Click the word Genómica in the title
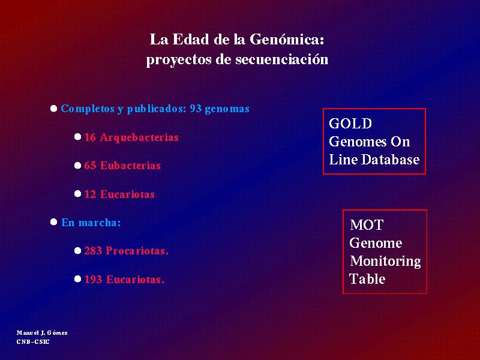287,40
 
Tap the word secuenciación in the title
282,59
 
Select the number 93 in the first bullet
196,109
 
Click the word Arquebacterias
139,137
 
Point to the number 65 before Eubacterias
90,166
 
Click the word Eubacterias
130,166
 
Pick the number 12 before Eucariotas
90,194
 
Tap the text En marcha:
91,223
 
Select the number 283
93,251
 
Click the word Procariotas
137,251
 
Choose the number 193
93,280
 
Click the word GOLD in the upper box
350,124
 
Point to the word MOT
367,225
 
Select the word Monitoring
385,261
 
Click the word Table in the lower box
367,279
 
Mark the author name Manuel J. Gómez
42,333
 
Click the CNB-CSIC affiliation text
33,341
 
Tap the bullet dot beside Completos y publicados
53,109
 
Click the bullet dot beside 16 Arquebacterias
78,137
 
